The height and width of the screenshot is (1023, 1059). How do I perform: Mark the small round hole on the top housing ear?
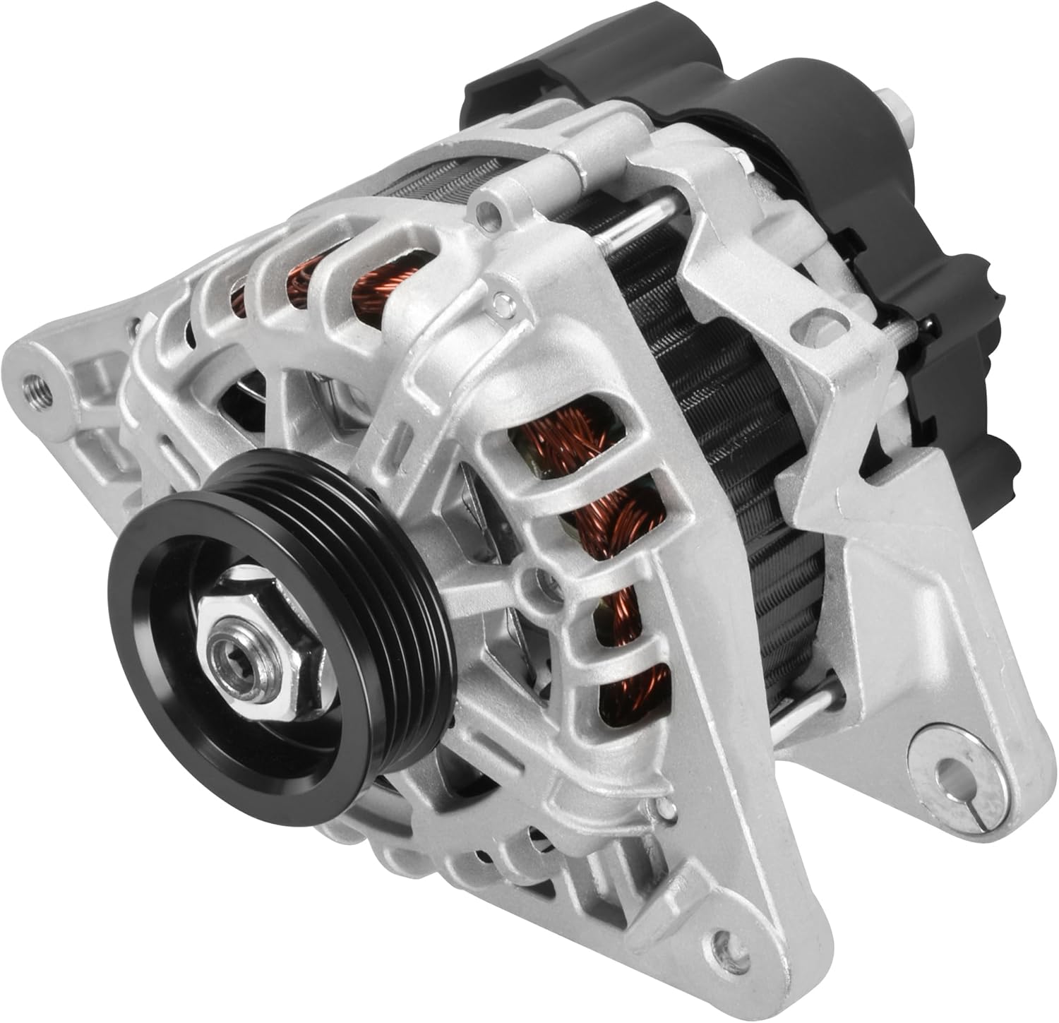coord(486,209)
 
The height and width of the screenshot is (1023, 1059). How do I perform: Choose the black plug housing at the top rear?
coord(522,106)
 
